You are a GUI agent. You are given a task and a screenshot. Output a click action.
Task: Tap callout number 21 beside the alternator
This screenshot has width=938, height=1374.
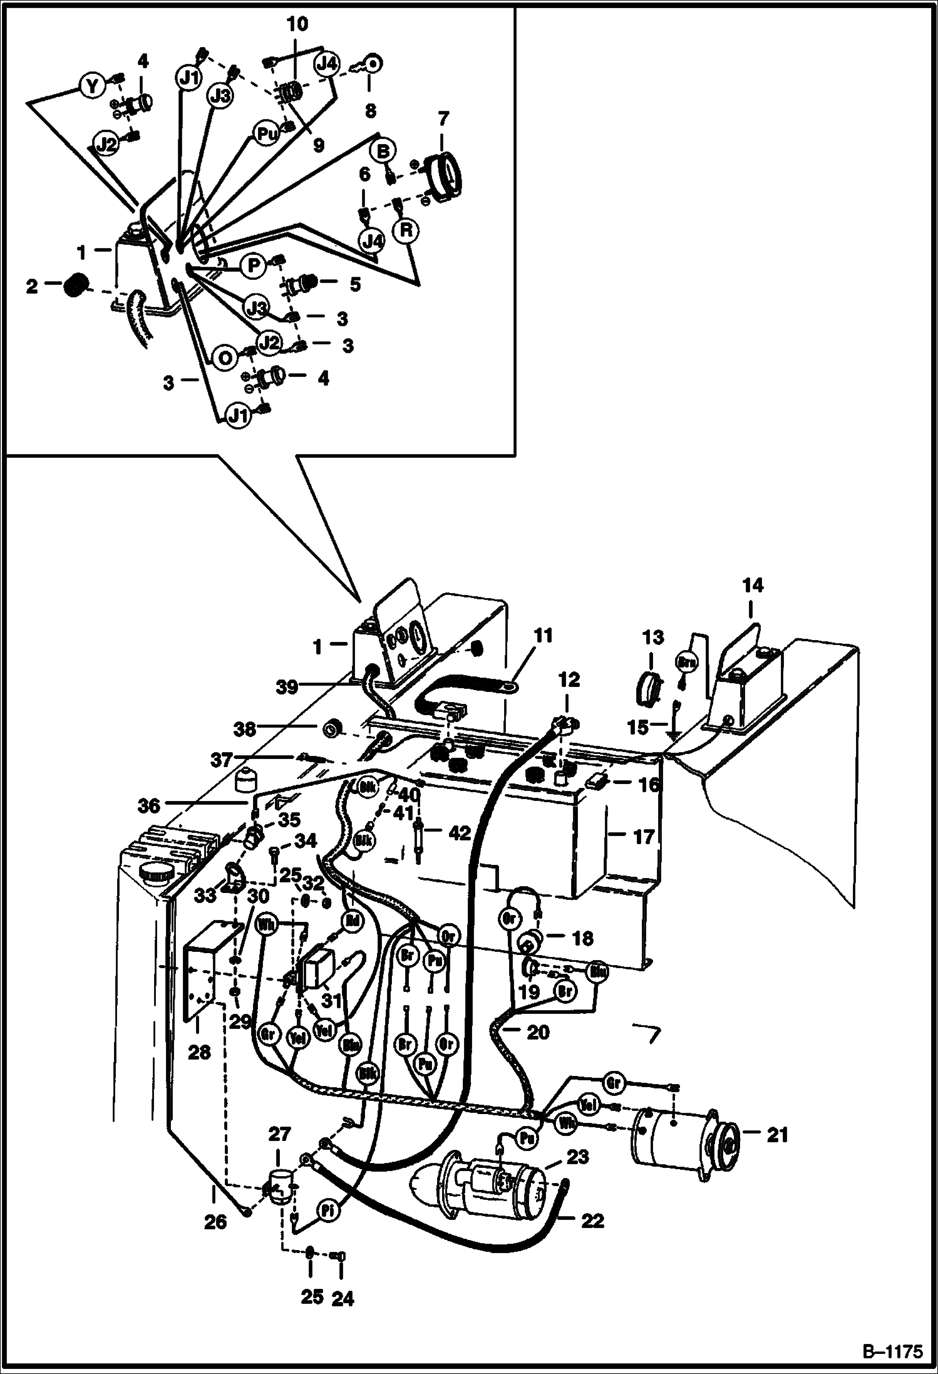click(x=777, y=1134)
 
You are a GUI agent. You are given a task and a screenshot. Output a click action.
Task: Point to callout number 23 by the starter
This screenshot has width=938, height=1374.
click(x=577, y=1158)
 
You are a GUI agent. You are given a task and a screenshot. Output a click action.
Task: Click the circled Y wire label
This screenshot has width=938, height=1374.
click(x=92, y=86)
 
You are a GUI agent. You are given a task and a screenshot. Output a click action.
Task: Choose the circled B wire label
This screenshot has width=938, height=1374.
click(x=384, y=152)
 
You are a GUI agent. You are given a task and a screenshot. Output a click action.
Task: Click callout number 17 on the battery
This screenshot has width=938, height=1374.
click(x=643, y=837)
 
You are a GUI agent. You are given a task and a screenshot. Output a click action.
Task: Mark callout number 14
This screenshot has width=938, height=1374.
click(x=753, y=586)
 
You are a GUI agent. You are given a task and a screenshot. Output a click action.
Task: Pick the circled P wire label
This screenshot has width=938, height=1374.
click(x=254, y=266)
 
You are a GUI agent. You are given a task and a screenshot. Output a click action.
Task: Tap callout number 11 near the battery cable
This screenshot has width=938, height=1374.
click(x=544, y=636)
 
